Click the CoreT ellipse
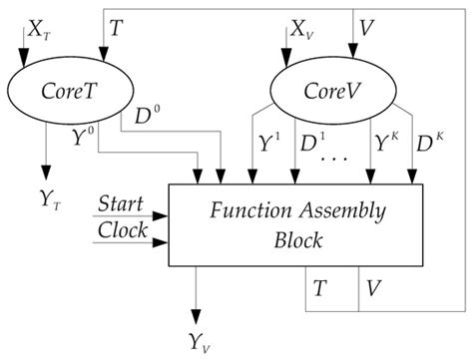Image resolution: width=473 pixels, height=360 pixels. pyautogui.click(x=69, y=88)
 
